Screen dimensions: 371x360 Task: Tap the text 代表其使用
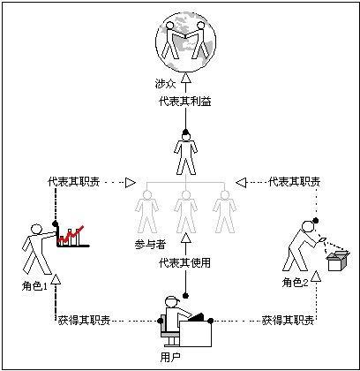(185, 262)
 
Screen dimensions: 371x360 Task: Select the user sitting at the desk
(185, 323)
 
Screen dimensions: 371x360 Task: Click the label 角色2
(296, 282)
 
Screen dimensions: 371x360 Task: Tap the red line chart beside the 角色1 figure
(71, 236)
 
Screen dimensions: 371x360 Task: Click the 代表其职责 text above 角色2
(295, 181)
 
